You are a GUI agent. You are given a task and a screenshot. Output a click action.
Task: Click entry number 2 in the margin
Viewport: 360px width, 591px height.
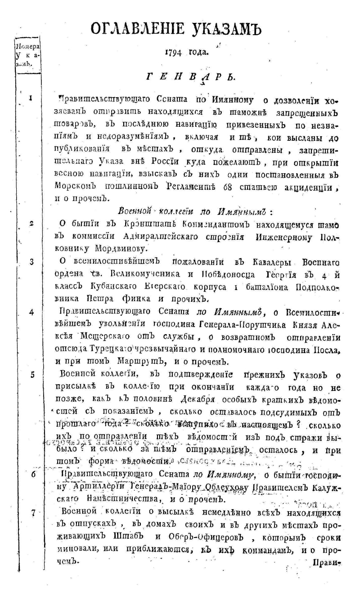click(x=30, y=223)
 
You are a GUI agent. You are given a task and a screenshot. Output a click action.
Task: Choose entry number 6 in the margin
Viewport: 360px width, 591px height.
click(x=33, y=473)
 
